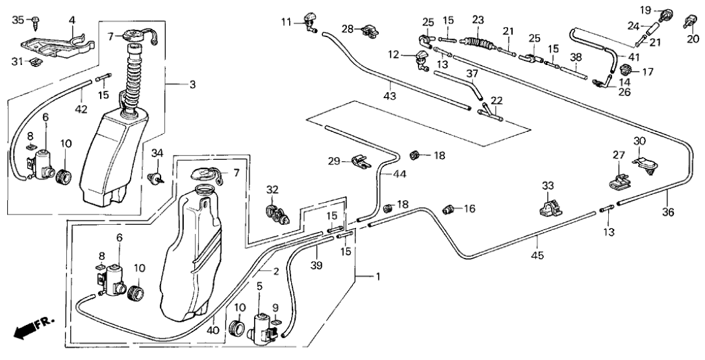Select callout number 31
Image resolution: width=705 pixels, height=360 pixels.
(x=18, y=62)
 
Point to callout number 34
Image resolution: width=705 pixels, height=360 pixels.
(x=156, y=153)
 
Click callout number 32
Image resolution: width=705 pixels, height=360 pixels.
(x=272, y=190)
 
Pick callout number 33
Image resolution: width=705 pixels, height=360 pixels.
(x=548, y=186)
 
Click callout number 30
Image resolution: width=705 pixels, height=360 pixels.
(x=640, y=141)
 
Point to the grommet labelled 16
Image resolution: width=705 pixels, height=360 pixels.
(x=448, y=209)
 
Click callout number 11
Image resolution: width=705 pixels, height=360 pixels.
(x=287, y=22)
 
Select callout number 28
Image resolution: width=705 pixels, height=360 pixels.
(x=348, y=29)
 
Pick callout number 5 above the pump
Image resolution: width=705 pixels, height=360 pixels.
(x=260, y=285)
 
